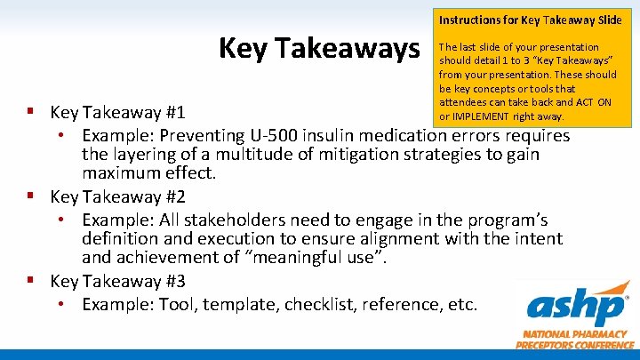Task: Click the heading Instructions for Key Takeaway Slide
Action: (x=530, y=19)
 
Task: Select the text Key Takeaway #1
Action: (x=117, y=113)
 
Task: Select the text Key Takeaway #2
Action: (x=117, y=196)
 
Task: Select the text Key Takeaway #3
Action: (x=117, y=282)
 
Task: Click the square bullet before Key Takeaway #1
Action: (x=31, y=113)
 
